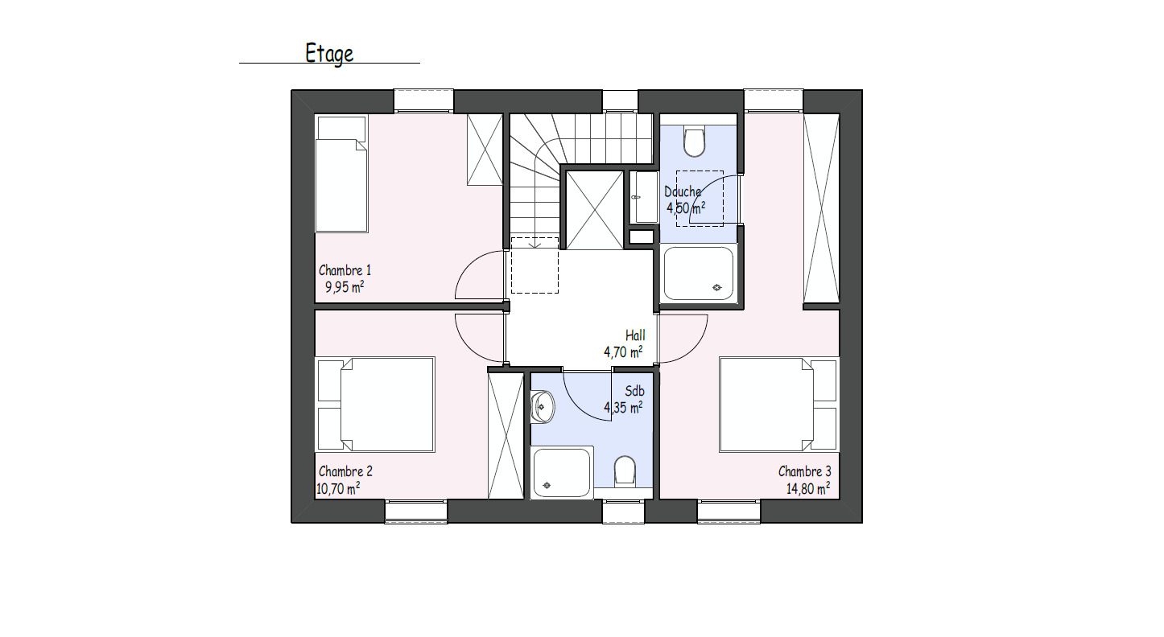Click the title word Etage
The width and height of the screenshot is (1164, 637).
click(329, 53)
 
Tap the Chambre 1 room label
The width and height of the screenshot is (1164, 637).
click(345, 270)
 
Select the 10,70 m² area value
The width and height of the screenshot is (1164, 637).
click(338, 487)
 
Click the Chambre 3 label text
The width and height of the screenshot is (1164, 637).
click(805, 471)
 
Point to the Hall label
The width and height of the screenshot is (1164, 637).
click(635, 335)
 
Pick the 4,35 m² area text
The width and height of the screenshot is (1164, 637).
click(623, 408)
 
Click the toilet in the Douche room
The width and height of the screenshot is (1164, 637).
click(693, 142)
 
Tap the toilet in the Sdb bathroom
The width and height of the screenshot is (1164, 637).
click(625, 471)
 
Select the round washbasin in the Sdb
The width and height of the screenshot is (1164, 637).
click(543, 407)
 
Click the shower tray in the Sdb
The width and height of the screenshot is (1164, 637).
click(563, 472)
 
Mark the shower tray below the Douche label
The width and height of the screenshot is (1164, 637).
click(698, 273)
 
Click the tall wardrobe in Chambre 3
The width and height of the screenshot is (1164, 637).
click(821, 209)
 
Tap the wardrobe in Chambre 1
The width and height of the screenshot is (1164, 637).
click(485, 150)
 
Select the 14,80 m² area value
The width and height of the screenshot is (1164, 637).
click(808, 488)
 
